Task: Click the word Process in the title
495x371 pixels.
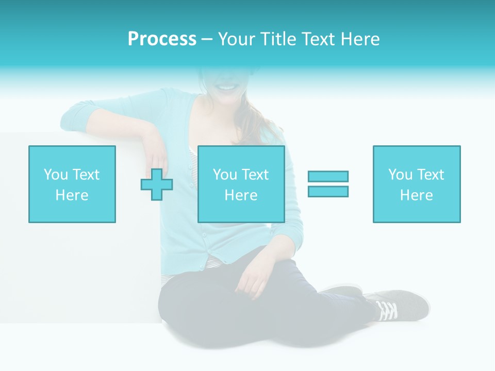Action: (x=162, y=39)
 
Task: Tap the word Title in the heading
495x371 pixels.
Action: (x=279, y=39)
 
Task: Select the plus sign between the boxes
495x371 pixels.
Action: (x=157, y=184)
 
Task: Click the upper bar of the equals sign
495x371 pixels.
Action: (x=328, y=176)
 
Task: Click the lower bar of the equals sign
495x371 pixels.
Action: (x=328, y=191)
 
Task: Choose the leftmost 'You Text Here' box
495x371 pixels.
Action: (x=72, y=184)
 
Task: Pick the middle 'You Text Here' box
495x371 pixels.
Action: (x=241, y=184)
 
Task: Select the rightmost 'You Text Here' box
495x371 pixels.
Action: (x=417, y=184)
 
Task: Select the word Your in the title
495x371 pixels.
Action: (x=238, y=39)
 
